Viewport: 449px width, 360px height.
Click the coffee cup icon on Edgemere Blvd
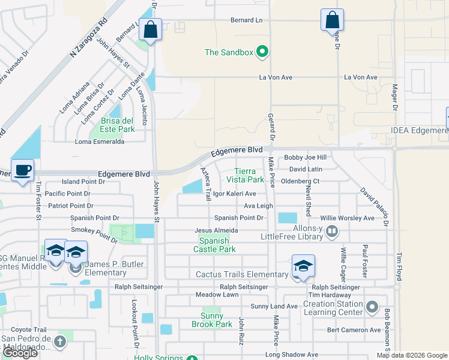(22, 170)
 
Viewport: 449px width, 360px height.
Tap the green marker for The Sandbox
(262, 52)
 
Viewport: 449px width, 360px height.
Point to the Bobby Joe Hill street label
(305, 157)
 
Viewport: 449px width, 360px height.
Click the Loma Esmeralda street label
(100, 142)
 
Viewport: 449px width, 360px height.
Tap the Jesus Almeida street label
(217, 230)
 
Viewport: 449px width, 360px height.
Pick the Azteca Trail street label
(206, 184)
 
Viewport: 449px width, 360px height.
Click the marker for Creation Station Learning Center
(373, 307)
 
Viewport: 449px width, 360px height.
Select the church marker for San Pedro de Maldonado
(59, 342)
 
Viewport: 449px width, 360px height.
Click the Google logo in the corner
(20, 352)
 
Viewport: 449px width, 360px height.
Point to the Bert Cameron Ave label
(354, 330)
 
